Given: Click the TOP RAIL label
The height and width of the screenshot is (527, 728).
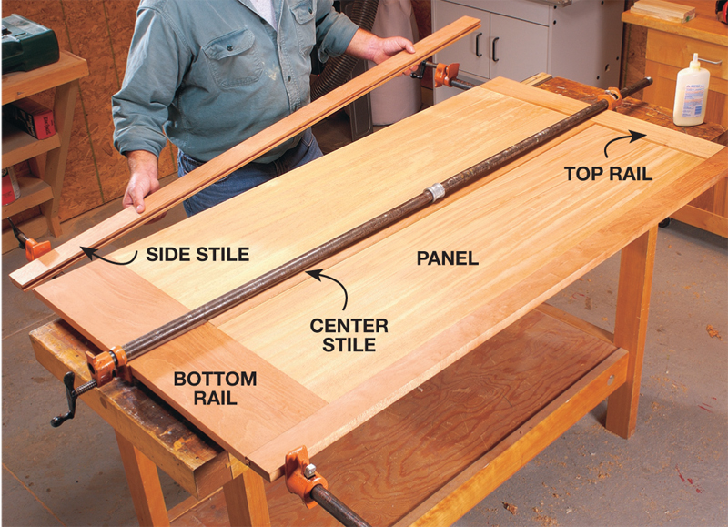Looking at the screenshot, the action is pos(608,174).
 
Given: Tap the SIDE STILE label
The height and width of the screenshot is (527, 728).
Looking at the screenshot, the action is pos(197,255).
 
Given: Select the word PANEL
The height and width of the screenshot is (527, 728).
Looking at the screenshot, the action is pos(448,258).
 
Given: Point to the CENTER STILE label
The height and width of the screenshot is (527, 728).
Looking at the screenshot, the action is pos(349,335).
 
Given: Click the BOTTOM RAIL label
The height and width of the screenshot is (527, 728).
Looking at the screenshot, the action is pos(215,388).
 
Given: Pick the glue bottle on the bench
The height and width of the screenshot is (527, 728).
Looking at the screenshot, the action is pos(692,91).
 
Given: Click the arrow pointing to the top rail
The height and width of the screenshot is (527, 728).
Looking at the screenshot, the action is pos(622,141).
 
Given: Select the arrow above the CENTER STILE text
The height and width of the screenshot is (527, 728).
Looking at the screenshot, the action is pos(332,284).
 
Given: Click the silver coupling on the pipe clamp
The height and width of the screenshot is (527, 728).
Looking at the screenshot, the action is pos(435,192).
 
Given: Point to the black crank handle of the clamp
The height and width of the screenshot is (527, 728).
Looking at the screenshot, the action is pos(68,400).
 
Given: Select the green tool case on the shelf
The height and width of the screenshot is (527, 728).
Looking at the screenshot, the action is pos(29,42).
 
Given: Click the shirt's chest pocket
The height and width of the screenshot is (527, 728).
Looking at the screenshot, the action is pos(238,60).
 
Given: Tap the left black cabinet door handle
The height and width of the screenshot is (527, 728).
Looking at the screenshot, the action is pos(479,45).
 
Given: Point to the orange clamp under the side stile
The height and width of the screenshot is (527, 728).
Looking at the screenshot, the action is pos(37,248).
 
